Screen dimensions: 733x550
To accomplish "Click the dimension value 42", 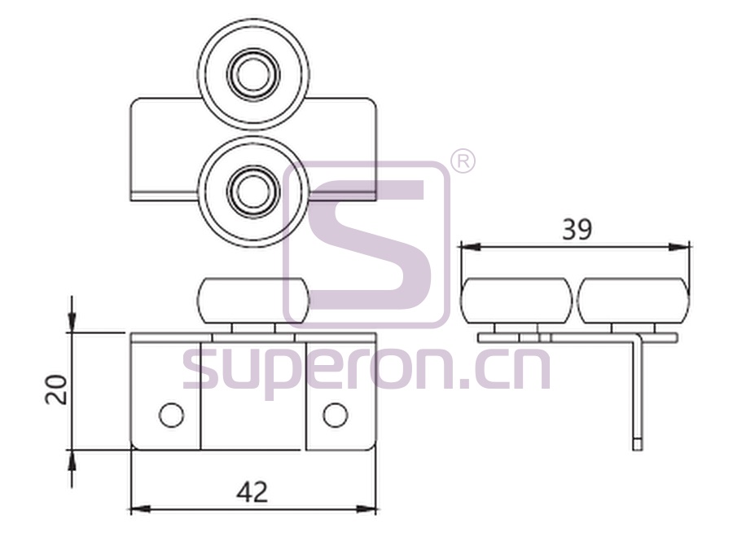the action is pos(252,492).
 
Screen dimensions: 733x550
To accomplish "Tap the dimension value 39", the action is pos(577,230).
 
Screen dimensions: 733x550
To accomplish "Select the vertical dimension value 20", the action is pos(56,389).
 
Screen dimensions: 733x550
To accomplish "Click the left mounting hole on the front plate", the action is pos(172,415).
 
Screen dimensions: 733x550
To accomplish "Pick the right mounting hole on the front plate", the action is pos(336,415).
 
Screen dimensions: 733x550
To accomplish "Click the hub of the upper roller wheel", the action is pos(253,74).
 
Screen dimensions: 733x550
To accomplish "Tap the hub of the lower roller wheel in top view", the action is pos(253,191).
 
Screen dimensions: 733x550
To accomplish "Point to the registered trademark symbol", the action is pos(463,162).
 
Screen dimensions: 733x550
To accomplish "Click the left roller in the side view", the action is pos(516,300).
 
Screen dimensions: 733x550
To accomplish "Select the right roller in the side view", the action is pos(634,300).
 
